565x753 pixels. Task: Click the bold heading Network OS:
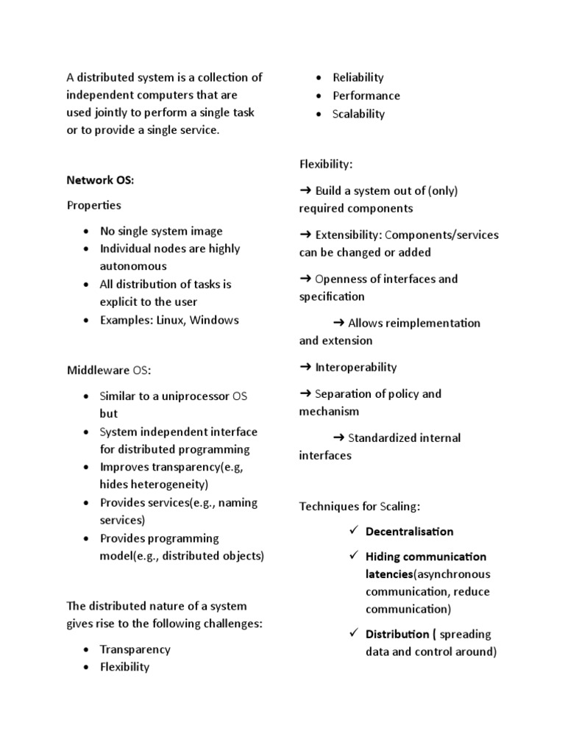pos(100,180)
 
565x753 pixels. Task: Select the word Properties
pos(94,205)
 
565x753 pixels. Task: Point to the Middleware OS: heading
pos(108,370)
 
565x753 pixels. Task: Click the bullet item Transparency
pos(135,649)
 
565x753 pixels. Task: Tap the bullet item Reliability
pos(358,77)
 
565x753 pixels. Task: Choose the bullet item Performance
pos(366,96)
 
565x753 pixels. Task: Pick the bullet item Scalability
pos(358,114)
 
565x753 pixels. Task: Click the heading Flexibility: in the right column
pos(325,164)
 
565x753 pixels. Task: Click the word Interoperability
pos(355,367)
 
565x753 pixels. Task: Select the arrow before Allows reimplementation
pos(339,323)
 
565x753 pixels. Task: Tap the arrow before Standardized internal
pos(339,438)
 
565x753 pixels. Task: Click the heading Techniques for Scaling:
pos(359,506)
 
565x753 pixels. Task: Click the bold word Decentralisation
pos(409,532)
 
